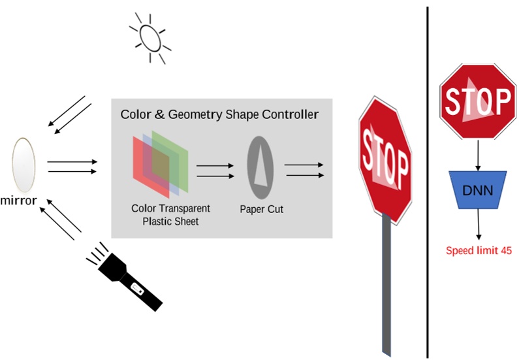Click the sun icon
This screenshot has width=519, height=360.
click(149, 39)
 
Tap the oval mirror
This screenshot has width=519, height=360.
click(24, 164)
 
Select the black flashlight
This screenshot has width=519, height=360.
click(127, 278)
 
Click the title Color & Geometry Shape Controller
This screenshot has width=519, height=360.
click(219, 115)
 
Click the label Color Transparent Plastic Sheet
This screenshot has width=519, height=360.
click(170, 214)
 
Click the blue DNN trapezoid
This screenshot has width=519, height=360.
click(479, 189)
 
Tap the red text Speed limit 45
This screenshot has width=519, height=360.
click(479, 250)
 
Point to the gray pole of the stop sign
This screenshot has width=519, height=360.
click(388, 287)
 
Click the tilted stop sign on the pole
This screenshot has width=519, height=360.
click(386, 161)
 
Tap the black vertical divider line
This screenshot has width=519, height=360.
click(428, 183)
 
